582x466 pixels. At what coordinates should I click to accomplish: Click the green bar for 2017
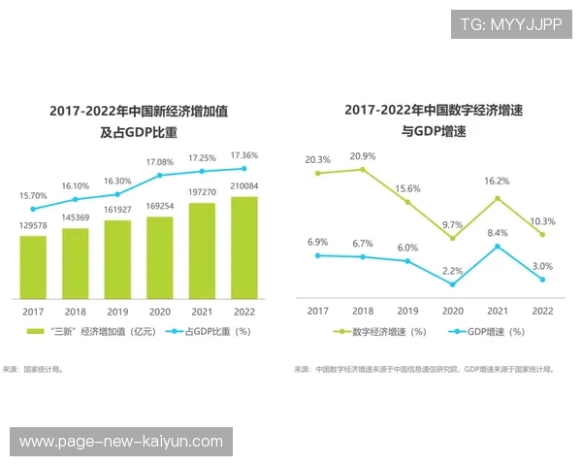click(x=33, y=266)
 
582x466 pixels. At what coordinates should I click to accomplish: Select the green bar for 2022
click(x=244, y=247)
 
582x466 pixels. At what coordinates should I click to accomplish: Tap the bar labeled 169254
click(x=160, y=256)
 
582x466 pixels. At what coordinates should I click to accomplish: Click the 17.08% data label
click(x=160, y=161)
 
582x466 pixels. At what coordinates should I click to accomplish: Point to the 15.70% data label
click(x=33, y=196)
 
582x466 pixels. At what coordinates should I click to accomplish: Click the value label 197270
click(x=202, y=192)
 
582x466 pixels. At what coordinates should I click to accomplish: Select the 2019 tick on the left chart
click(x=117, y=312)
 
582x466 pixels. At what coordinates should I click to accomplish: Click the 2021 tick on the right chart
click(x=497, y=311)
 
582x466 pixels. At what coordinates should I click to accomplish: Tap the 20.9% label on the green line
click(x=363, y=156)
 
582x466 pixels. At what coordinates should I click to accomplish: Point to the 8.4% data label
click(x=497, y=233)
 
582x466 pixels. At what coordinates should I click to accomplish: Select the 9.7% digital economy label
click(x=453, y=224)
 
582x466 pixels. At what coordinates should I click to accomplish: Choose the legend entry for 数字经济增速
click(x=380, y=332)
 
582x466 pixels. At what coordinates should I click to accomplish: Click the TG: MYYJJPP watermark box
click(x=511, y=23)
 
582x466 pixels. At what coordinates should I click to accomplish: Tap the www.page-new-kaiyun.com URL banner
click(x=120, y=442)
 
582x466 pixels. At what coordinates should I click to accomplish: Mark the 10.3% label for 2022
click(x=543, y=221)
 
